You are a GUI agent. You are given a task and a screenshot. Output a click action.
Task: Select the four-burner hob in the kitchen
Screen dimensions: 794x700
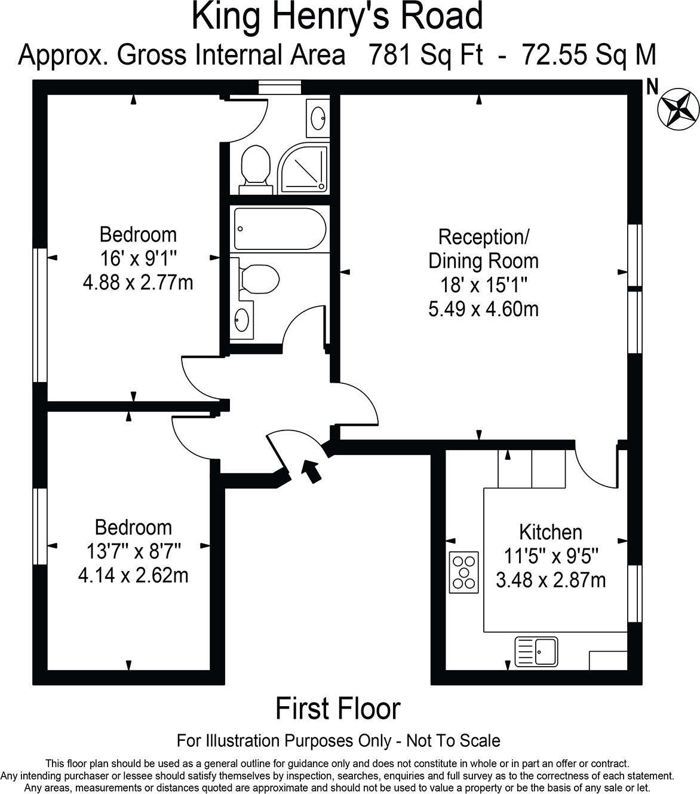point(463,572)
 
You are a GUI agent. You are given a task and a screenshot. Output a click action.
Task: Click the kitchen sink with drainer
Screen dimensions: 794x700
point(536,651)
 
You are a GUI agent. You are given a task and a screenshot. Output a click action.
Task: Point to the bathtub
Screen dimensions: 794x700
point(280,229)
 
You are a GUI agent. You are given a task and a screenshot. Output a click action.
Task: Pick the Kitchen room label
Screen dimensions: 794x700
point(550,532)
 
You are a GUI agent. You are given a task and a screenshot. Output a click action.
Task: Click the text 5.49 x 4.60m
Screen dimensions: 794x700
point(483,309)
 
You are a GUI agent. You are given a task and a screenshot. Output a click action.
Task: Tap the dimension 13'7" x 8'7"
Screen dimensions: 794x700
point(133,551)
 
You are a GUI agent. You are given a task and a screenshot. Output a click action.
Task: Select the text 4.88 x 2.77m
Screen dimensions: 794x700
point(138,282)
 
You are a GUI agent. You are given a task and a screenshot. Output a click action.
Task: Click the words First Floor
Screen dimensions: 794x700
point(337,709)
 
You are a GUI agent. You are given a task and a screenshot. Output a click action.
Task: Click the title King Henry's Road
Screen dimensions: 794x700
point(337,17)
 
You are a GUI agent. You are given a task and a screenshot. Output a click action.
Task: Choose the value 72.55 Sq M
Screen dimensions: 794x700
point(589,55)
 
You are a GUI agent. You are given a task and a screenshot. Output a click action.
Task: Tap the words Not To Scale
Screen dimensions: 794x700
point(453,741)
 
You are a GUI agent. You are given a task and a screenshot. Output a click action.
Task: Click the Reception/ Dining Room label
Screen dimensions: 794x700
point(483,249)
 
